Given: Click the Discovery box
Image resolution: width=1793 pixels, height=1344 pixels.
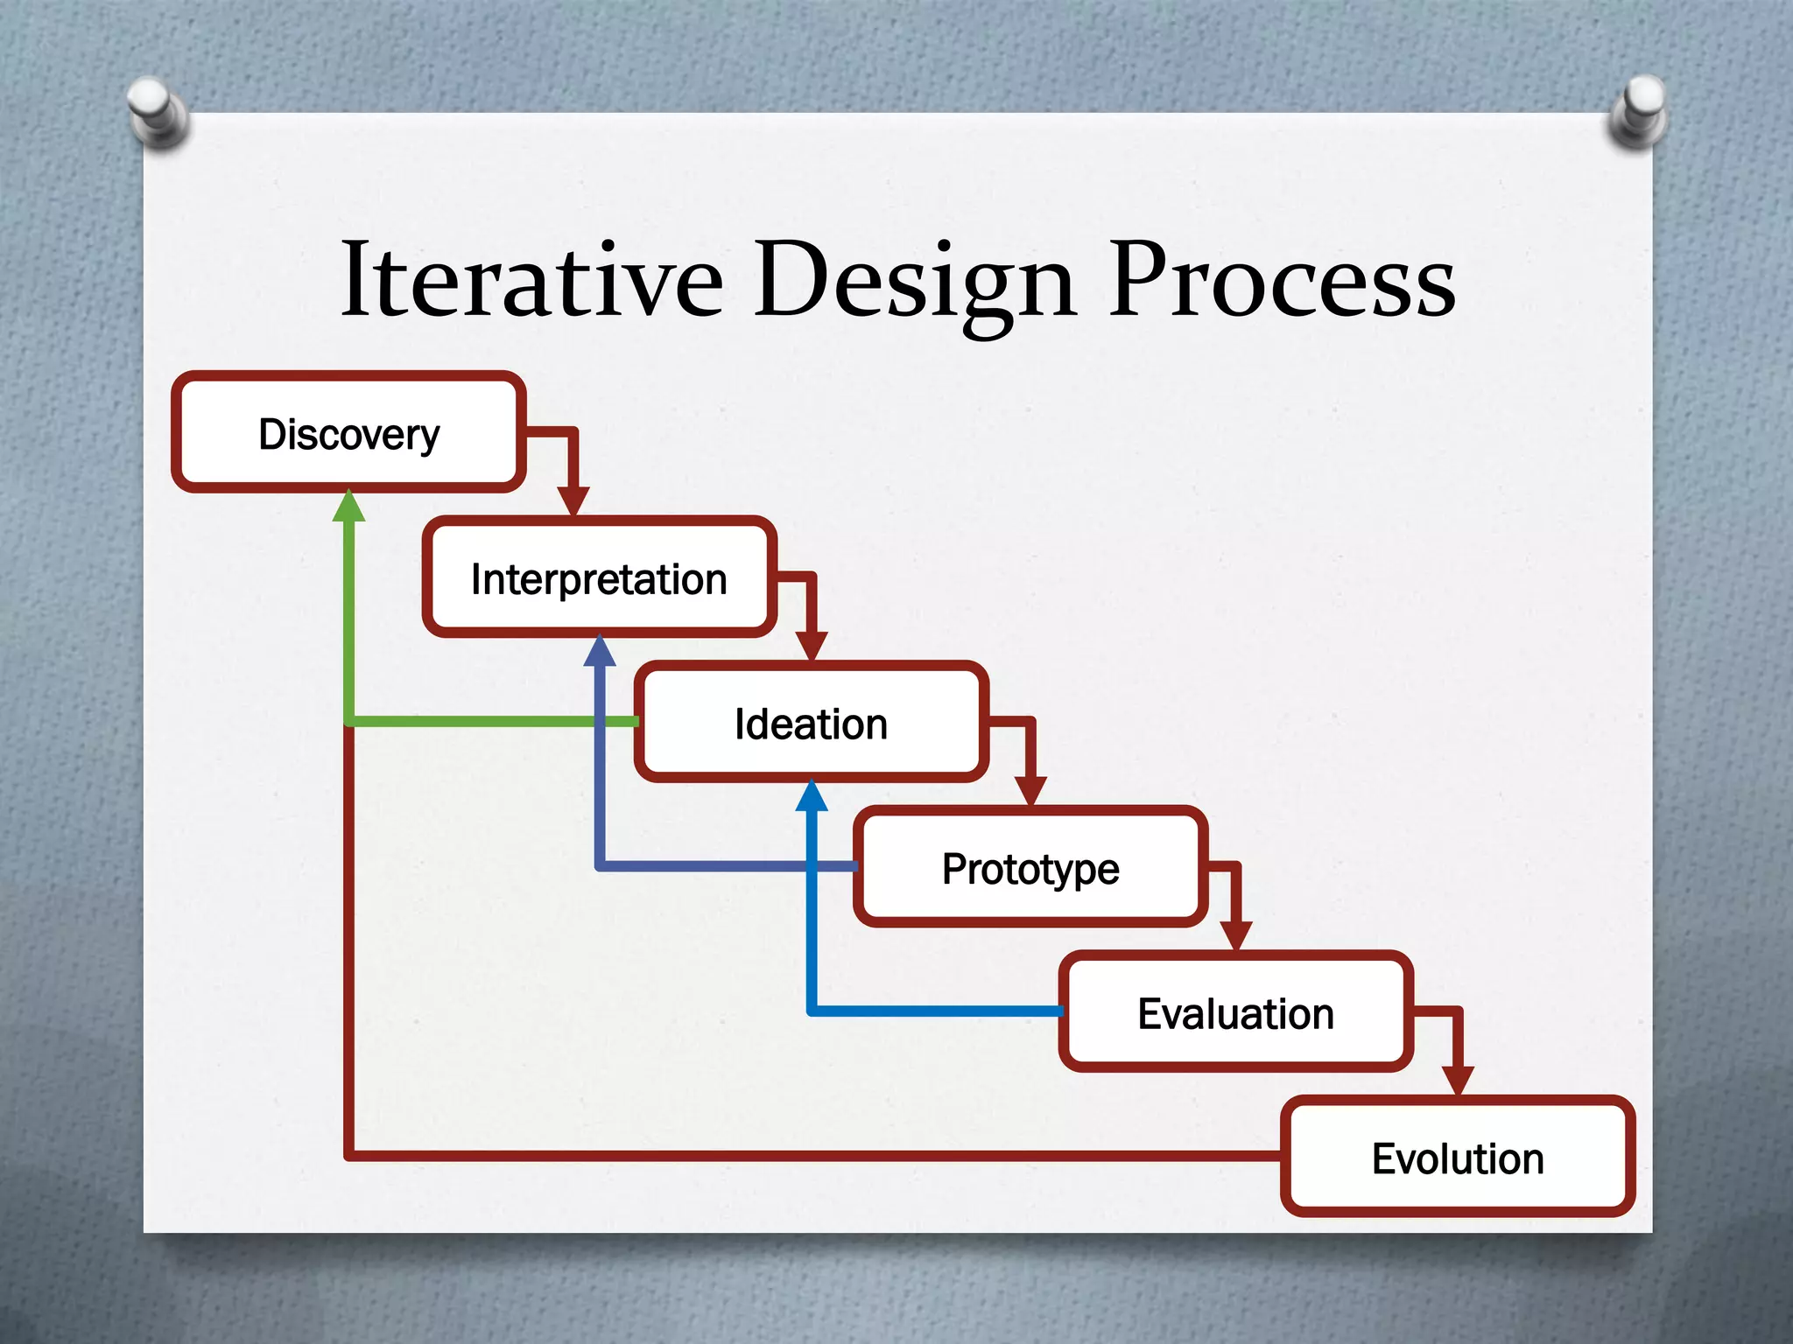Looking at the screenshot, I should coord(348,433).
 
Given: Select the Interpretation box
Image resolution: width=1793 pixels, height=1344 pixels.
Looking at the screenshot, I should coord(599,578).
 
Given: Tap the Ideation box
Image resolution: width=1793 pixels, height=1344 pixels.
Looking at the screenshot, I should coord(811,724).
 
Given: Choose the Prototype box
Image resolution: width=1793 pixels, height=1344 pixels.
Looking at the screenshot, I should coord(1030,868).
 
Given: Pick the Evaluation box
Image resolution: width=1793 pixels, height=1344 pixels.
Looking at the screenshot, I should coord(1235,1012).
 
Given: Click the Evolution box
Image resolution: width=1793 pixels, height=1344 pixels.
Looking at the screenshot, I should coord(1457,1158).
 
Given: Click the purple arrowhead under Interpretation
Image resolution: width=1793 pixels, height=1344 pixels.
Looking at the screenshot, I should coord(600,652).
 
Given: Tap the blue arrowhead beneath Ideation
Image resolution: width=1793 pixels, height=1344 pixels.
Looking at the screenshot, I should coord(812,796).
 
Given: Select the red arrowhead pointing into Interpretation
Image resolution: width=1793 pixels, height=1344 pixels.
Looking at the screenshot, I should coord(573,501).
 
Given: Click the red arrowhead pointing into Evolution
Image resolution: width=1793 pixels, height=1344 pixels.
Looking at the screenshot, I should coord(1458,1080).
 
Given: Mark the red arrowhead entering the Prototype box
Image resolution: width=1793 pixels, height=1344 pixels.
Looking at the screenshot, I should coord(1030,791).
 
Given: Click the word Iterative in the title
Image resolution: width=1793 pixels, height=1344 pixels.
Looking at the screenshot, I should coord(532,280).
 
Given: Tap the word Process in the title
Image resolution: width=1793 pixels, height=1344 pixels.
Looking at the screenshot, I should coord(1282,280).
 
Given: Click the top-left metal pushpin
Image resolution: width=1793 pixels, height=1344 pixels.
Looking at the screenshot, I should coord(158,112).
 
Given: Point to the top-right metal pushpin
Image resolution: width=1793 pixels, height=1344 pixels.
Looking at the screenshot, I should coord(1639,112).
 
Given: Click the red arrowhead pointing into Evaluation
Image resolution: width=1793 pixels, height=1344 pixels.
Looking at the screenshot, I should coord(1235,935).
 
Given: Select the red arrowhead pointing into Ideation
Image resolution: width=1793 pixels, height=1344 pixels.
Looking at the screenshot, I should coord(812,646).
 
